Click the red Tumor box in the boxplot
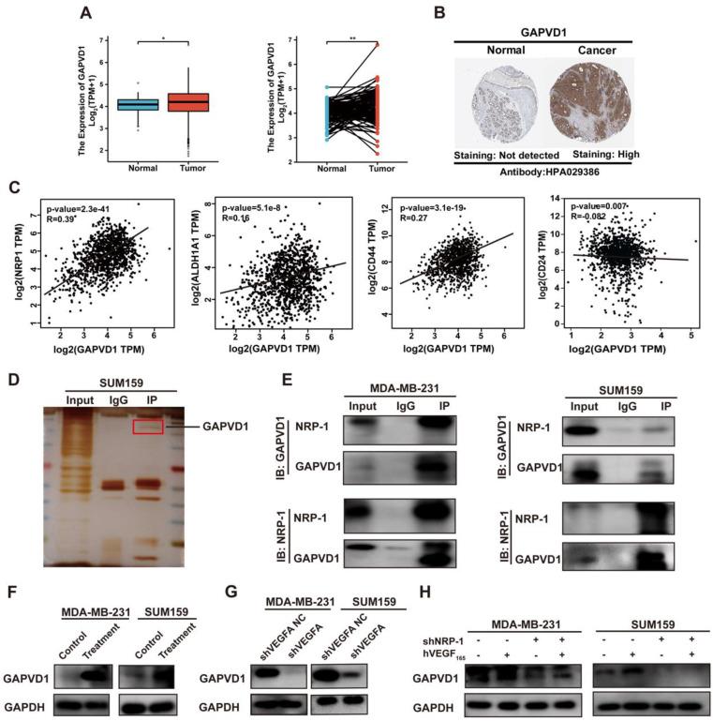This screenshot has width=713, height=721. click(x=187, y=102)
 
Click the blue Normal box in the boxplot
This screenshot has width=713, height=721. click(x=138, y=104)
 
